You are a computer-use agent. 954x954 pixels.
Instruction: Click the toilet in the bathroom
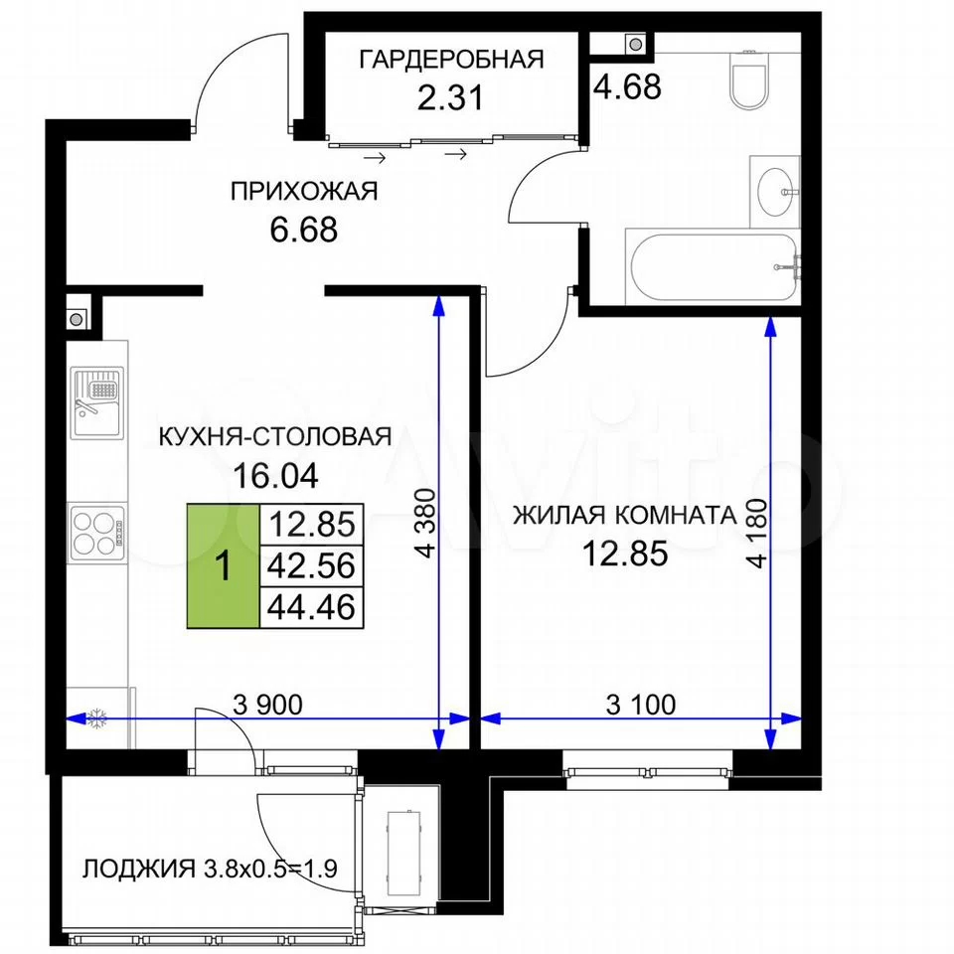click(747, 79)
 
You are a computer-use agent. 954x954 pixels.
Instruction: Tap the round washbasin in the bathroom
click(776, 192)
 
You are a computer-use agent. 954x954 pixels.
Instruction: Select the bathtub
click(713, 266)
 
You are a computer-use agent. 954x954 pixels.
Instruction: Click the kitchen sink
click(96, 402)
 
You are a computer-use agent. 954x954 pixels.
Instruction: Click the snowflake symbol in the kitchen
click(96, 718)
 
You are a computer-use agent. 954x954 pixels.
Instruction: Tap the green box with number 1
click(224, 565)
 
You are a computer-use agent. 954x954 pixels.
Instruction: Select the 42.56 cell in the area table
click(311, 565)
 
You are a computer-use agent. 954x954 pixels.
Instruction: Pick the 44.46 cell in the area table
click(311, 607)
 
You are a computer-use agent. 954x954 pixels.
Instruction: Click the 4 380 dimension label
click(427, 524)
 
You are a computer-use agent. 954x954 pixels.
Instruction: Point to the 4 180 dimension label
click(758, 534)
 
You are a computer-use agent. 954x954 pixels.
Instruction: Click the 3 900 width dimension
click(267, 705)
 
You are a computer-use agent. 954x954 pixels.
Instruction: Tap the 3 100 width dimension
click(641, 705)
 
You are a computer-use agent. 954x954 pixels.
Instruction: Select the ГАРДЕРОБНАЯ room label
click(451, 60)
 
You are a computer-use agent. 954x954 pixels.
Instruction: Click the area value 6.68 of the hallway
click(304, 230)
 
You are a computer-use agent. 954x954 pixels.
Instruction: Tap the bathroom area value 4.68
click(627, 86)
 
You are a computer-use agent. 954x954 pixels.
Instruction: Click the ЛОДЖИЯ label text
click(139, 869)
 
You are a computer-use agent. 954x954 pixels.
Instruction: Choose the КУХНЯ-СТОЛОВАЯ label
click(275, 437)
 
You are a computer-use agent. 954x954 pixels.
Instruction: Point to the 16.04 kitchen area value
click(275, 475)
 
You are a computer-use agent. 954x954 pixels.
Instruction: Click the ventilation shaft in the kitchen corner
click(78, 319)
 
